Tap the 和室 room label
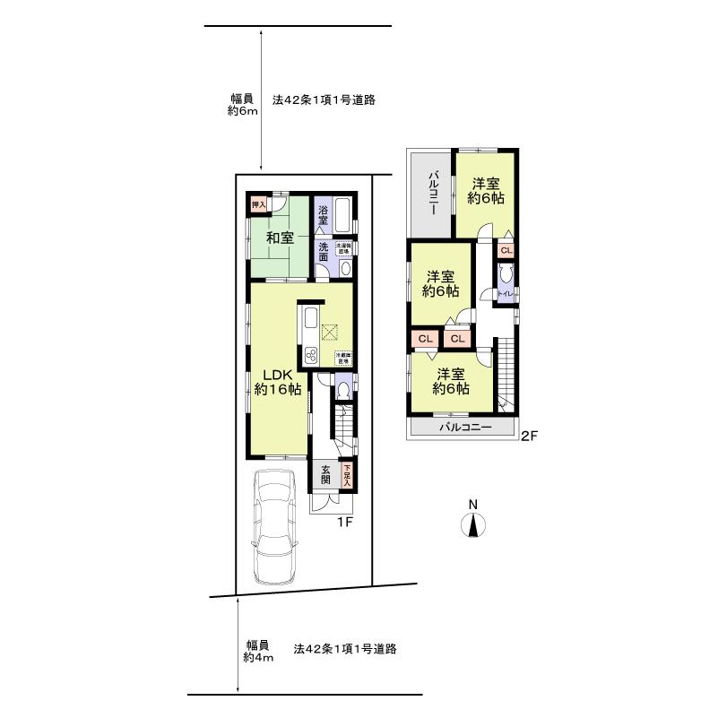(x=280, y=238)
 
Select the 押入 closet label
(x=259, y=204)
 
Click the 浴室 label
(x=323, y=215)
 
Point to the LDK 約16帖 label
(x=277, y=382)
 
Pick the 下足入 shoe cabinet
(x=346, y=473)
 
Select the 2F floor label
(x=530, y=437)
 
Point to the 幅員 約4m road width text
(x=255, y=651)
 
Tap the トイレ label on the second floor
(x=505, y=293)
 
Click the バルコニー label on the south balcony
(x=464, y=428)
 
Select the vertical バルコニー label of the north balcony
(x=431, y=190)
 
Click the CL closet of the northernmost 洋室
(x=506, y=251)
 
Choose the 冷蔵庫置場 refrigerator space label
(x=342, y=357)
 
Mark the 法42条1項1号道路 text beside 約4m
(x=345, y=647)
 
